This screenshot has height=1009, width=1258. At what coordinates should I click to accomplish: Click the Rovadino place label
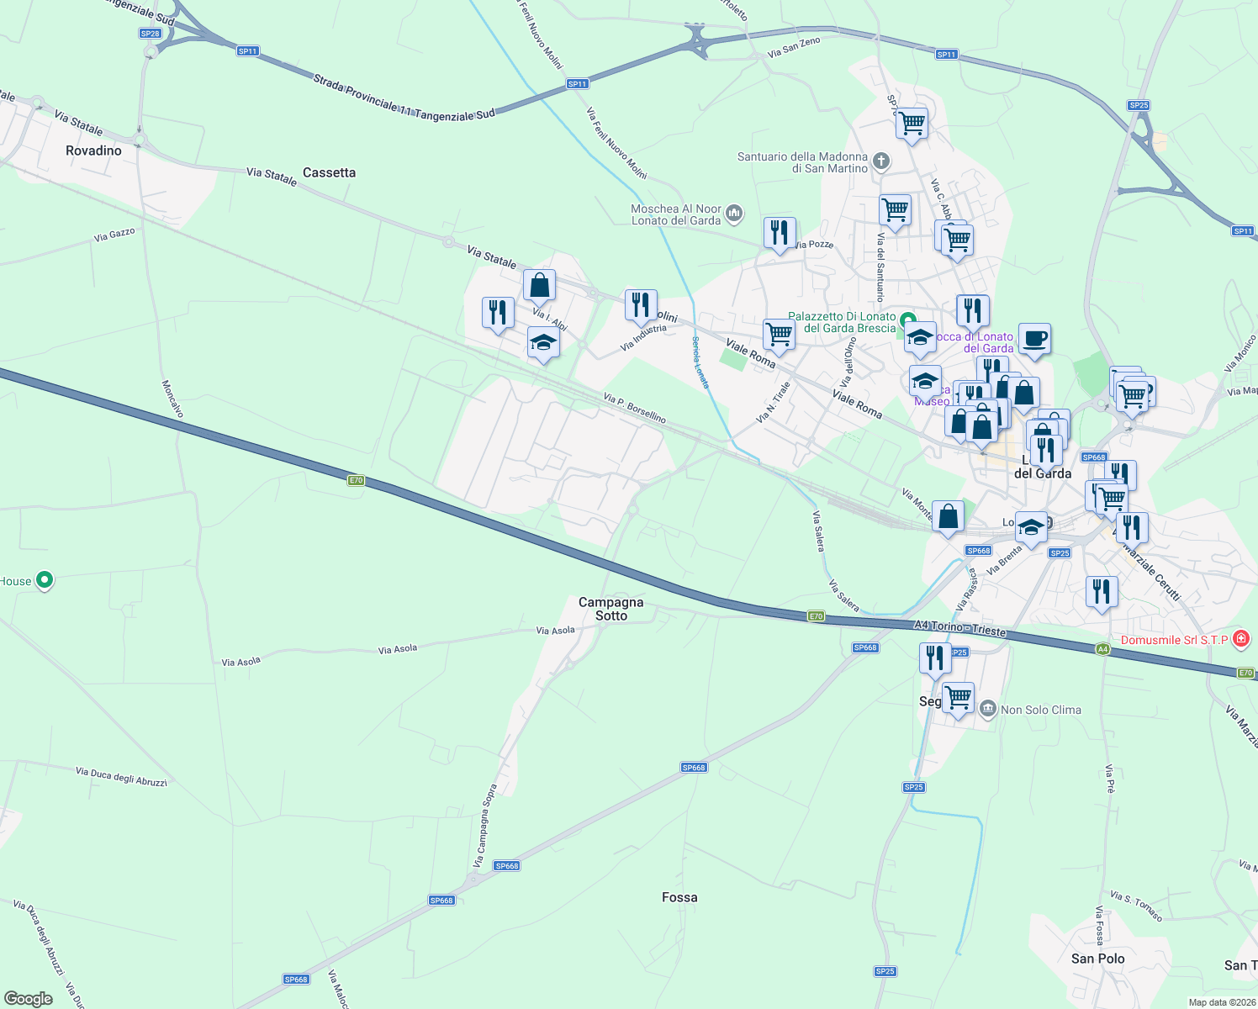(93, 151)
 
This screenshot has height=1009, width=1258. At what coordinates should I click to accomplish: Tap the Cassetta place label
(329, 172)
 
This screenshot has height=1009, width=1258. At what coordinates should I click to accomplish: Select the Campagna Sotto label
(611, 609)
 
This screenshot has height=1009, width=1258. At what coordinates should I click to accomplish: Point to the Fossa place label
(679, 897)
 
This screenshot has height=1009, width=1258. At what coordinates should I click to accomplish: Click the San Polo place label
(1097, 959)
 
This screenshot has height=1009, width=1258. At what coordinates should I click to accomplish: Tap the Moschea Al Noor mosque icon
(734, 214)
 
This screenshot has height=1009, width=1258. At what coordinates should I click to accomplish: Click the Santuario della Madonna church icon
(880, 161)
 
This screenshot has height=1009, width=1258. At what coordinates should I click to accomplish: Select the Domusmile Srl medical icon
(1241, 640)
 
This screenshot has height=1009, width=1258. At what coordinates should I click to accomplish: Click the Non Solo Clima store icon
(988, 709)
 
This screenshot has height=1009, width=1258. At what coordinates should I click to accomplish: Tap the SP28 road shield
(150, 34)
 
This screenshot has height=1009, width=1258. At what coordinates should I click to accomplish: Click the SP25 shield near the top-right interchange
(1139, 105)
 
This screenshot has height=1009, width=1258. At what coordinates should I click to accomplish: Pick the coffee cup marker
(1034, 339)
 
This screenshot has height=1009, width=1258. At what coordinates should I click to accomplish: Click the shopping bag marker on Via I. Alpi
(539, 285)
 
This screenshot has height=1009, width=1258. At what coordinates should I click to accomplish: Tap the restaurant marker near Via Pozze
(780, 232)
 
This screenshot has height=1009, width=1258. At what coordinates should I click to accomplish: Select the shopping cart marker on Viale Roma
(779, 334)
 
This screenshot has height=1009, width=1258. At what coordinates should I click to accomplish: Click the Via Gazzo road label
(114, 235)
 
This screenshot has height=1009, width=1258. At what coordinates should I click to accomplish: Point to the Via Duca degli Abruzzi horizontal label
(121, 776)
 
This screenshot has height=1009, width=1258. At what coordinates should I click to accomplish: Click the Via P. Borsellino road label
(635, 407)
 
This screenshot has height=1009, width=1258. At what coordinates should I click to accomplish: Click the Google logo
(29, 998)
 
